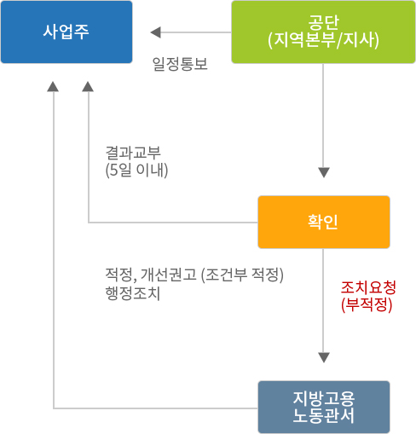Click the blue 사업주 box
coord(66,32)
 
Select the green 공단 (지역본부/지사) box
coord(323,32)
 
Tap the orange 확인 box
coord(324,222)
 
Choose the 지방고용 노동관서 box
coord(324,407)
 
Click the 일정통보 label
coord(180,64)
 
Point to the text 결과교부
coord(133,153)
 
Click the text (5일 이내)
coord(136,170)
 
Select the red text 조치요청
coord(368,287)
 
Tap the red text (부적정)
coord(367,304)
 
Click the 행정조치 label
coord(133,293)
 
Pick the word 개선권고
coord(169,275)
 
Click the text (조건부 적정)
coord(242,275)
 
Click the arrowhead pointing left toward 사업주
coord(156,32)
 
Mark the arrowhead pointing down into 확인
coord(324,172)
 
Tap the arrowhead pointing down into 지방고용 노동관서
coord(324,357)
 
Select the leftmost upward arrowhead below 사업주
coord(53,87)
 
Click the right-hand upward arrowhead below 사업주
coord(88,87)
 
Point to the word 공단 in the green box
coord(324,22)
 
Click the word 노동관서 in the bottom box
coord(324,415)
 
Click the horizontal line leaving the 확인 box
coord(173,223)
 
